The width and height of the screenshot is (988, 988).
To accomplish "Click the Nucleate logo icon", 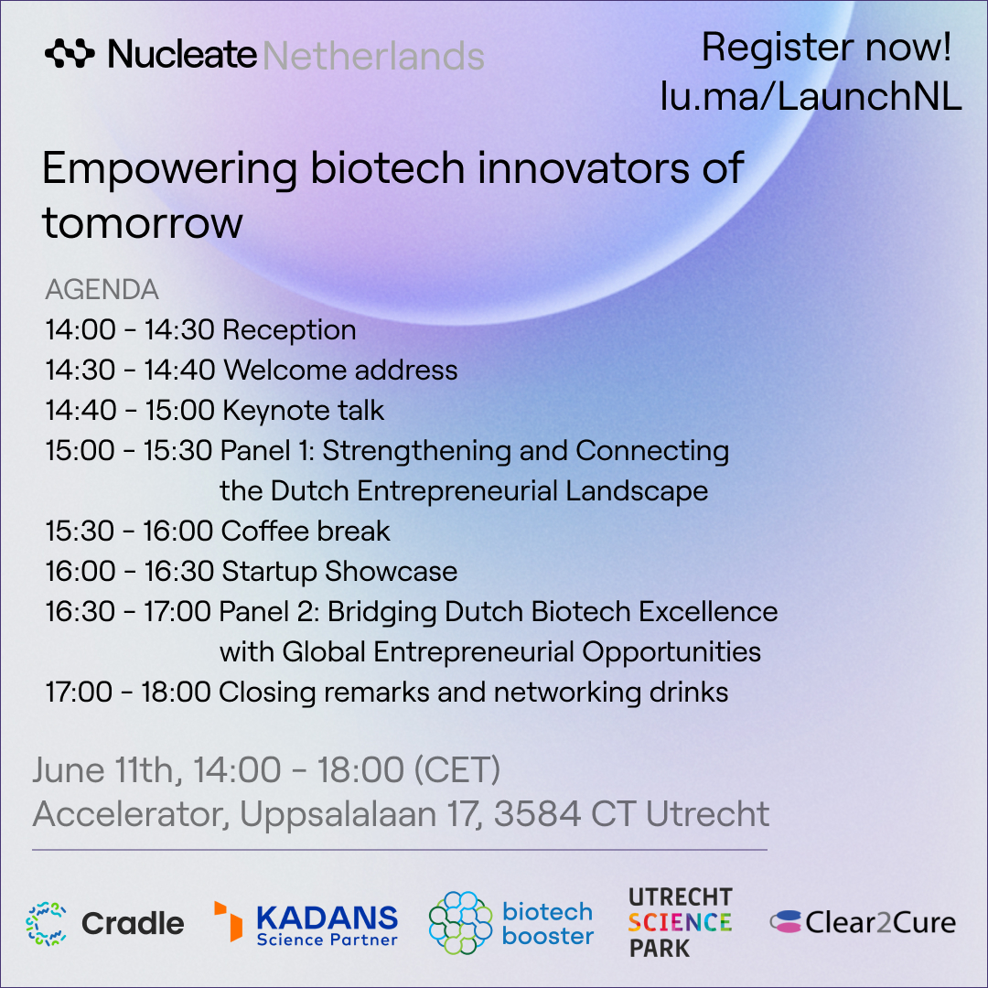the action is [70, 54].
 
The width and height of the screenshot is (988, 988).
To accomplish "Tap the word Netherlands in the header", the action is [373, 56].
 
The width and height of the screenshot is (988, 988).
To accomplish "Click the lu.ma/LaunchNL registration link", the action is [811, 97].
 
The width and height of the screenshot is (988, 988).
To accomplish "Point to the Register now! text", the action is [826, 48].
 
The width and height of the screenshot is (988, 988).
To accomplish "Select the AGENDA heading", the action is [102, 290].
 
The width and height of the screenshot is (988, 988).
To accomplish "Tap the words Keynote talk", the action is [303, 410].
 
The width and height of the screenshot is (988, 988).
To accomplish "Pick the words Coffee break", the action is [306, 531].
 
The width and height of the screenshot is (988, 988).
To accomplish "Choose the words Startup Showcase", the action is [339, 572].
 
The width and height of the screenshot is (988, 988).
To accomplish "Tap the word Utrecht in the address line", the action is [707, 813].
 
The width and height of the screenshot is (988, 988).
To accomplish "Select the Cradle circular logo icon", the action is [46, 924].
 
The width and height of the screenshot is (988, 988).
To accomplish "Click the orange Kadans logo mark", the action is [228, 921].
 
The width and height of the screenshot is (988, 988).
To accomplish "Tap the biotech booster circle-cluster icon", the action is [460, 922].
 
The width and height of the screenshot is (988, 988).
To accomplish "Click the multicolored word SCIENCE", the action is [680, 922].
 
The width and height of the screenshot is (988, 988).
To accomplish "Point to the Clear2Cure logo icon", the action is [786, 922].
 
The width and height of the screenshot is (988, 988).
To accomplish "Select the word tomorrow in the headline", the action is [143, 223].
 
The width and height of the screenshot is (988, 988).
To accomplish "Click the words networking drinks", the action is [610, 693].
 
